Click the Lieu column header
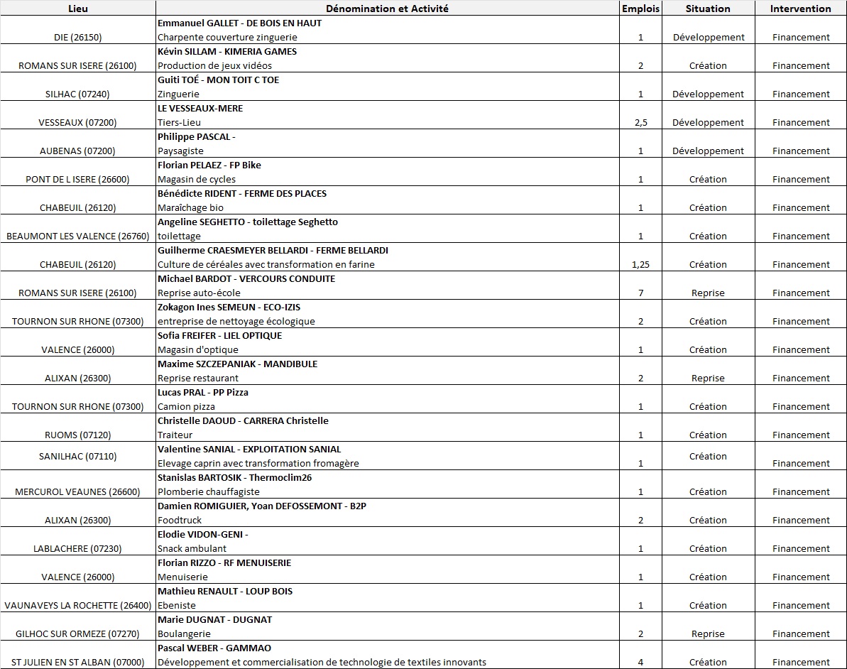click(x=78, y=9)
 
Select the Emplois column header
click(x=640, y=9)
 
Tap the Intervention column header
click(x=800, y=9)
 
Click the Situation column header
click(x=708, y=9)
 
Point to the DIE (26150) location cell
click(x=78, y=37)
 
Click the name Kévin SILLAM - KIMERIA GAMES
click(x=227, y=51)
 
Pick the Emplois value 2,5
click(x=640, y=122)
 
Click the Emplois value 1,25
click(x=640, y=264)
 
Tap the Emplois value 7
click(x=640, y=293)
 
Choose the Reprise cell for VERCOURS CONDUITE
click(x=708, y=293)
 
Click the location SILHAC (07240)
click(x=78, y=94)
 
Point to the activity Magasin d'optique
click(x=198, y=349)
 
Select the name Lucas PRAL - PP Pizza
click(x=203, y=392)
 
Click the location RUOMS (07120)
click(x=78, y=435)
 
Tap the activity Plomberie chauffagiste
click(x=209, y=491)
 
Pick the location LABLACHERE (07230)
click(x=78, y=548)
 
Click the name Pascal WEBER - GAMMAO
click(x=214, y=648)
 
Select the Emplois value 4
click(x=640, y=662)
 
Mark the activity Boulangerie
click(x=184, y=633)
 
